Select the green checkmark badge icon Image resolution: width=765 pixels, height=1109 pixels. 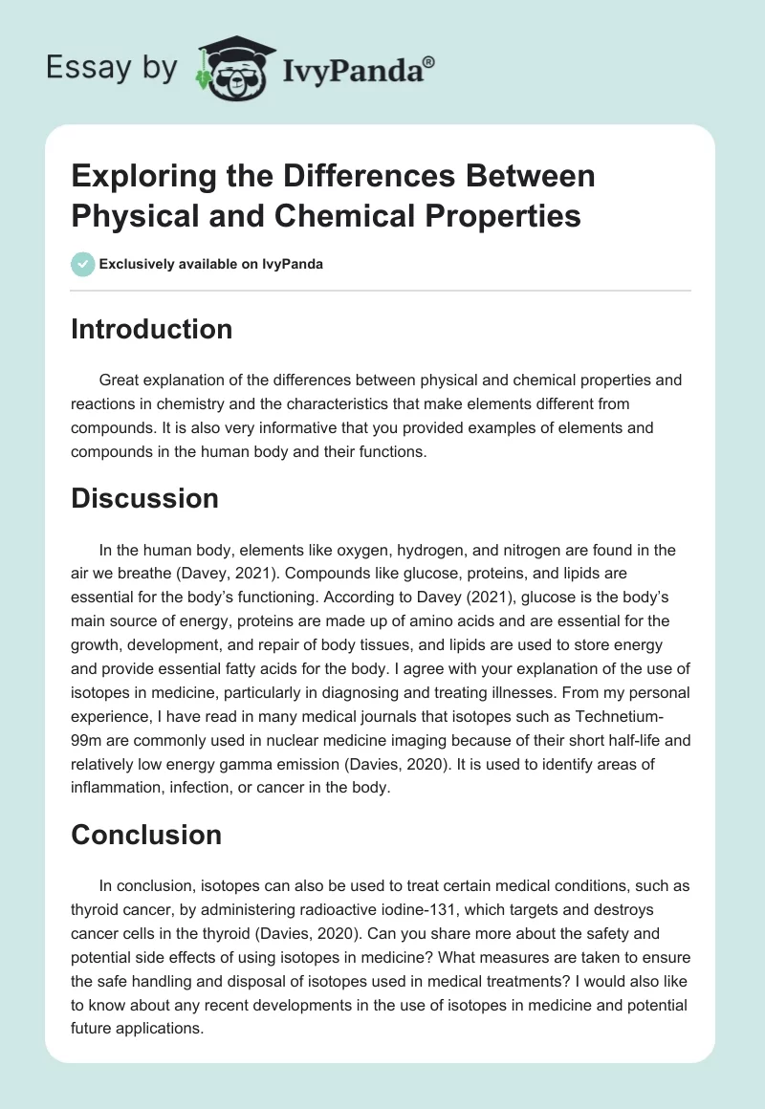[x=82, y=264]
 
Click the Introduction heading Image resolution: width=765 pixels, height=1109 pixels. [x=151, y=329]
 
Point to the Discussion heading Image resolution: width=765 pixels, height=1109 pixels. [x=144, y=498]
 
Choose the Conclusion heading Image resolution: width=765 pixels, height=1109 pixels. [x=146, y=834]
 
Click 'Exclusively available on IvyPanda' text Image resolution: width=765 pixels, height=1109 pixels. [x=211, y=264]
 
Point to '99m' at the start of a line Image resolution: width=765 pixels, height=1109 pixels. [x=91, y=742]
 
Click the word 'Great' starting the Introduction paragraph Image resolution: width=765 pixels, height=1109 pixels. [x=120, y=380]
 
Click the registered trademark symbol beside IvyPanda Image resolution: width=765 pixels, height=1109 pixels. [x=429, y=62]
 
